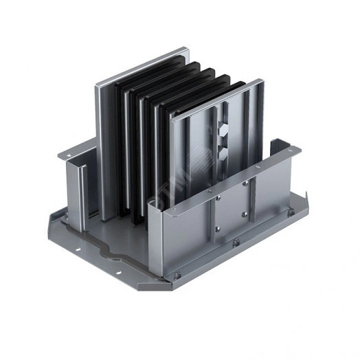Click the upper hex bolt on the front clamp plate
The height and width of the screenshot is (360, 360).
pyautogui.click(x=227, y=133)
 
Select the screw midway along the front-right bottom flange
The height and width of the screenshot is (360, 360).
pyautogui.click(x=236, y=242)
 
